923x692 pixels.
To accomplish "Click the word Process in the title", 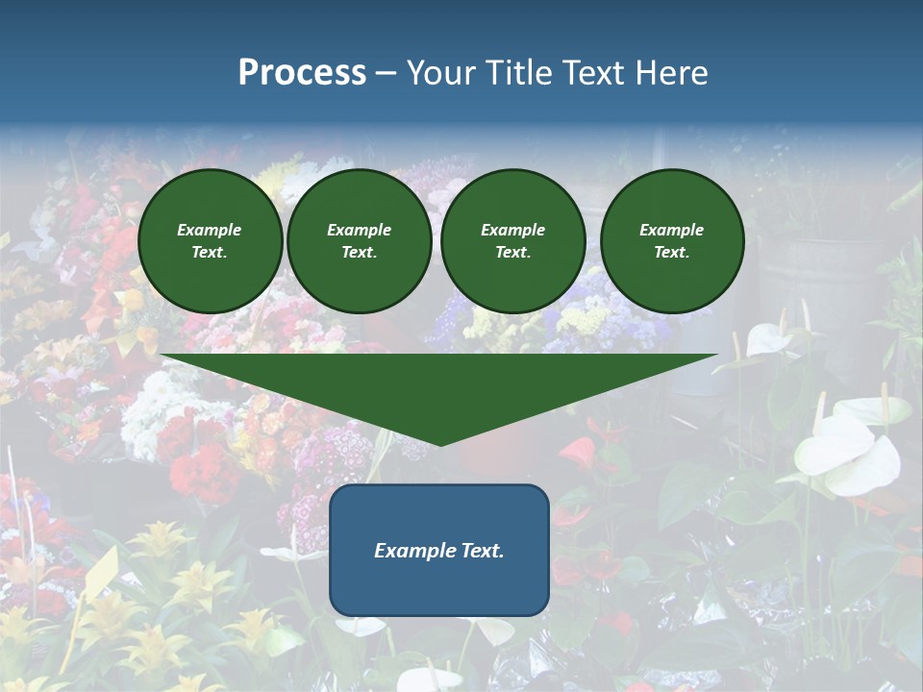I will coord(302,73).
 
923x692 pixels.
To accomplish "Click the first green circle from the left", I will coord(210,240).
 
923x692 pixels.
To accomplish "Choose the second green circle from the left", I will coord(360,240).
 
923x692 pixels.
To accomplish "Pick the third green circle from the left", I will coord(512,240).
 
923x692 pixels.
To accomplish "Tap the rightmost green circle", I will coord(672,240).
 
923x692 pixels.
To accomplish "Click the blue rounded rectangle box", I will coord(439,586).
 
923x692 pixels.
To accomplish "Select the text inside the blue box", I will coord(439,551).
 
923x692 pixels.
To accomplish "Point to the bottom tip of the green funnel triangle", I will coord(440,444).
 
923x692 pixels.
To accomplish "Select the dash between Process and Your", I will coord(387,73).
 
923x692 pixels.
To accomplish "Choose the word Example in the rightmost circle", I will coord(672,230).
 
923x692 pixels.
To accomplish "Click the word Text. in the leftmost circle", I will coord(210,252).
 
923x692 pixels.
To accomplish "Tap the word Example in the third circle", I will coord(512,230).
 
